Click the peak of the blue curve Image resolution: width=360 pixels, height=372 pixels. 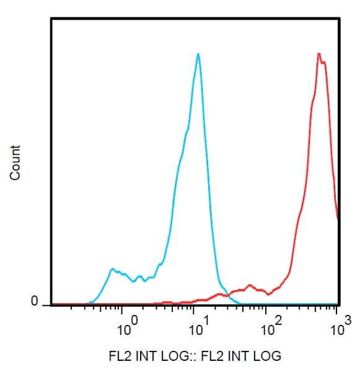point(198,54)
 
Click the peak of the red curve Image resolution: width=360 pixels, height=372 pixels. point(318,54)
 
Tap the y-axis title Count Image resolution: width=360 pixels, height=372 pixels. point(15,162)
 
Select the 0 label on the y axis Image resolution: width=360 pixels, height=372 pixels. point(35,301)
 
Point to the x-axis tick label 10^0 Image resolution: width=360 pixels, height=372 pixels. point(125,326)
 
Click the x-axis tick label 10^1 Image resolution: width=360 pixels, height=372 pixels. point(197,326)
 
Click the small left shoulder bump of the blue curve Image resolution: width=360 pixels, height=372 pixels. point(112,269)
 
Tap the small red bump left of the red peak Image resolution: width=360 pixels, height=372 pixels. point(250,286)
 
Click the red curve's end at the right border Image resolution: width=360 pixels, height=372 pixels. point(338,219)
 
